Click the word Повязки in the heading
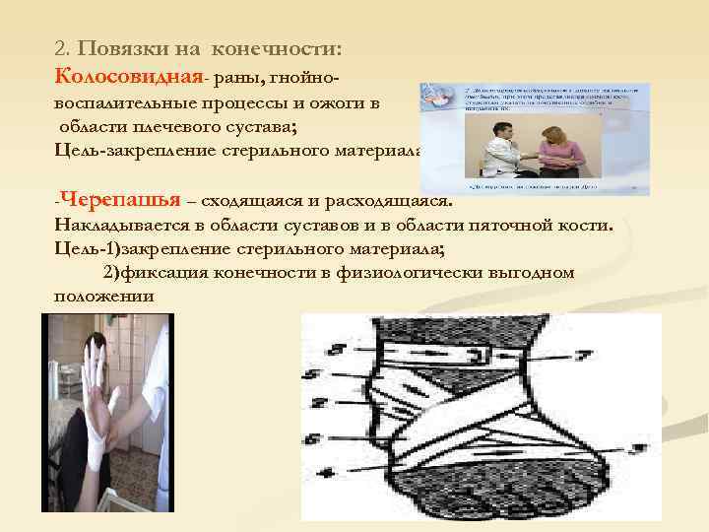121,48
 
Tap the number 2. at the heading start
63,48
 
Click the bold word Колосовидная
115,76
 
